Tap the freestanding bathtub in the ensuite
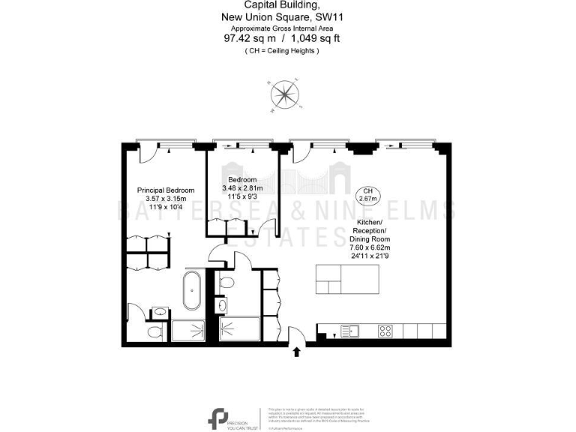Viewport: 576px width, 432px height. point(191,292)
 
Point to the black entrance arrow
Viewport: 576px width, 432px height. point(296,349)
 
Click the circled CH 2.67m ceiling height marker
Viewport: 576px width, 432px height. point(367,195)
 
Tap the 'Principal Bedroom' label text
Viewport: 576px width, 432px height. point(166,190)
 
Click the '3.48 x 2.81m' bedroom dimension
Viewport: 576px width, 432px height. point(243,189)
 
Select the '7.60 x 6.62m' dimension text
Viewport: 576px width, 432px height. point(370,247)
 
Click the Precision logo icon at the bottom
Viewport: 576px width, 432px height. point(219,418)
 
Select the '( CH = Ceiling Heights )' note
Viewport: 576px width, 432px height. point(282,50)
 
